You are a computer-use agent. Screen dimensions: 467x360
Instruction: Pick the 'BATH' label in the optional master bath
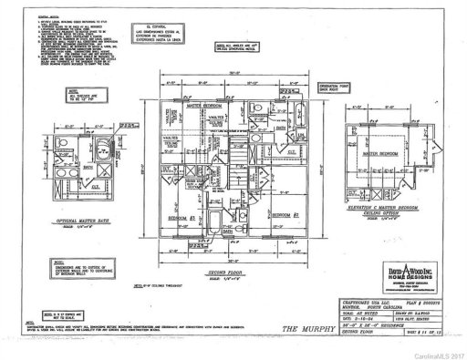click(x=88, y=168)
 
